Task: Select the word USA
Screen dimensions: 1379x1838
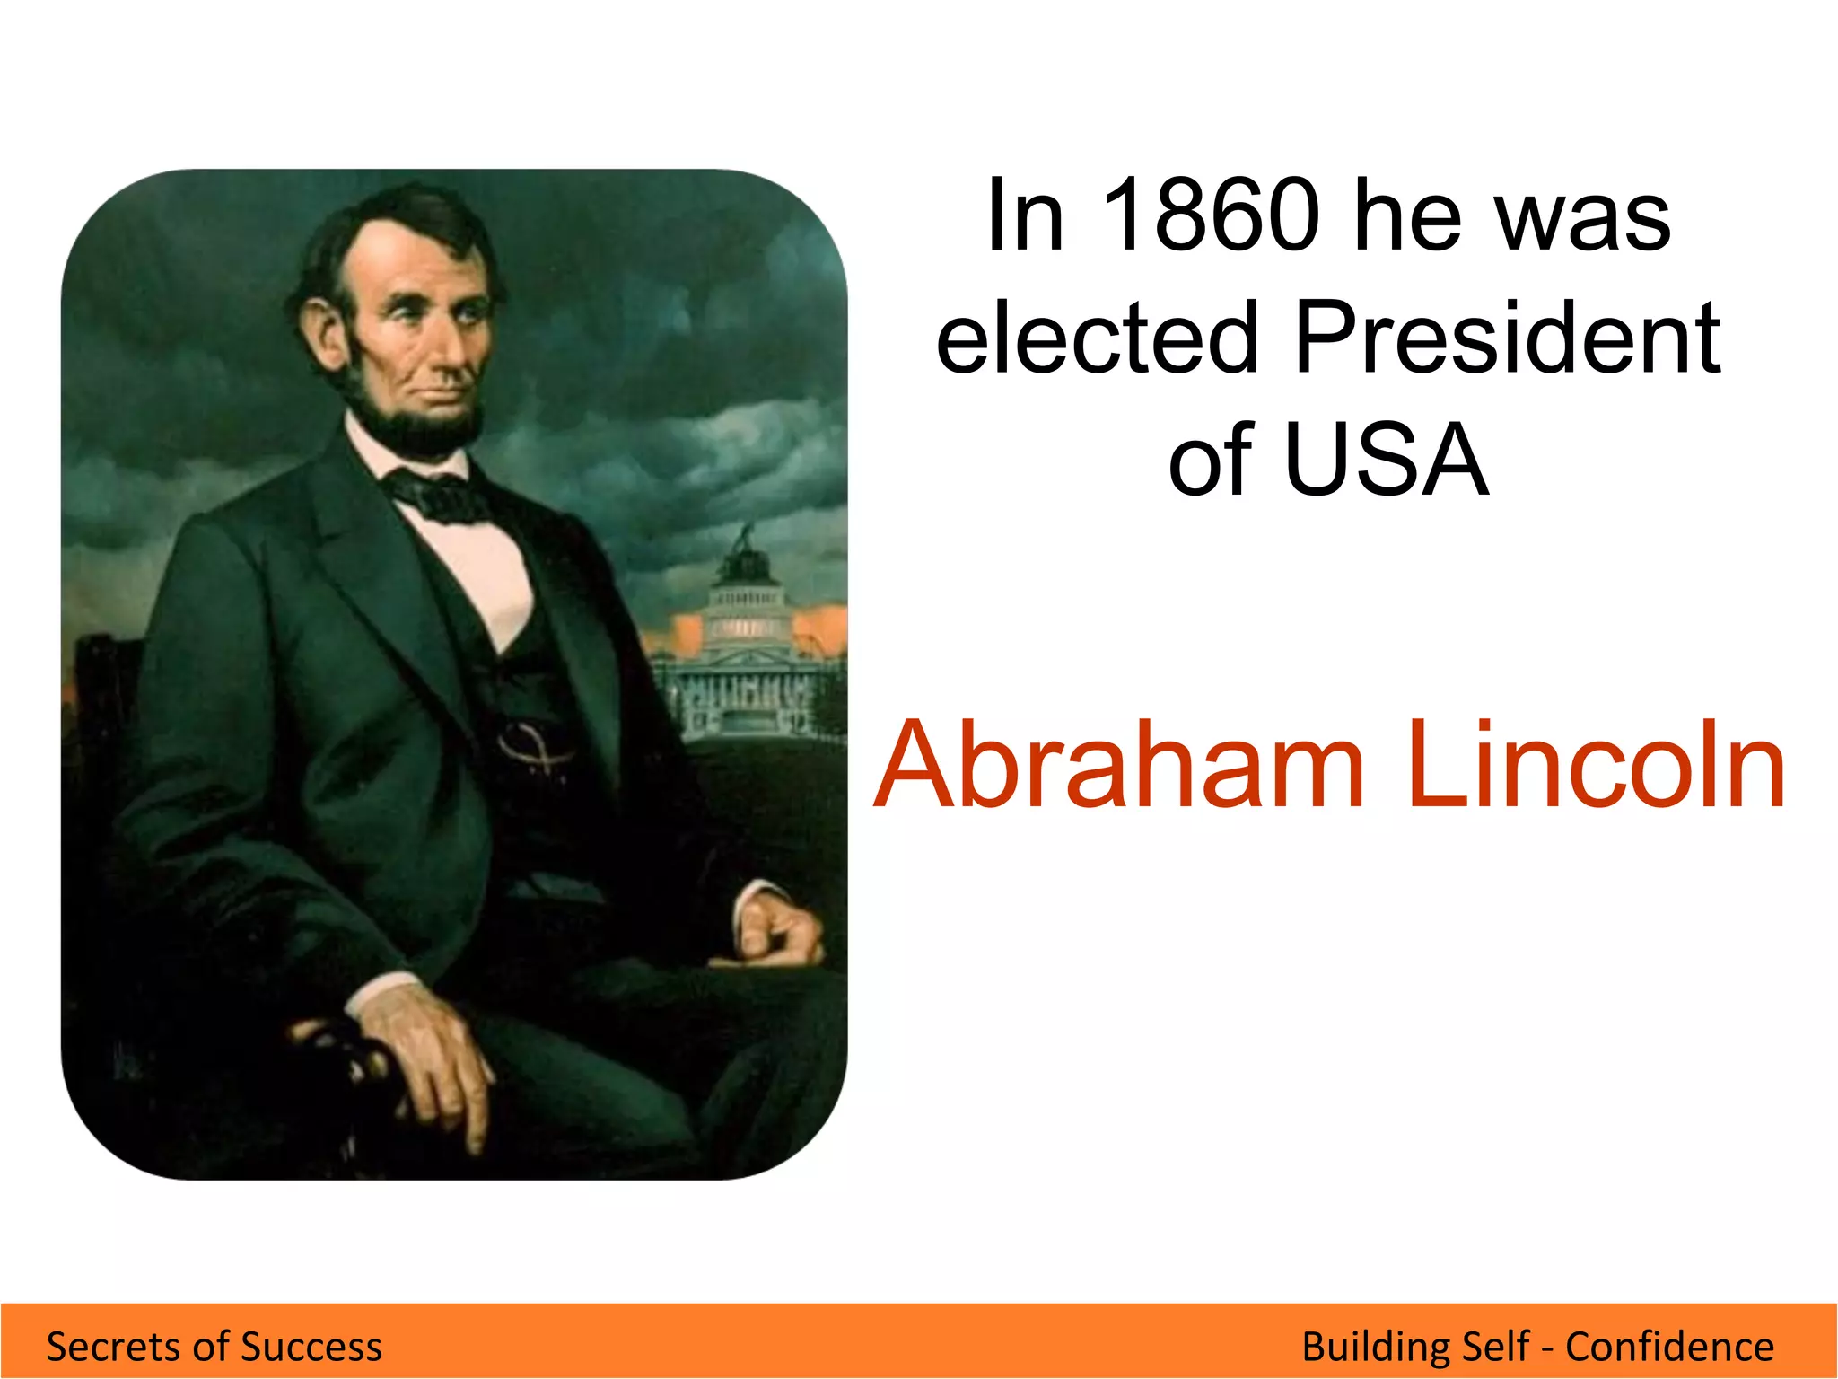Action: (x=1387, y=460)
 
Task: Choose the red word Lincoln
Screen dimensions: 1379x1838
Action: (x=1595, y=765)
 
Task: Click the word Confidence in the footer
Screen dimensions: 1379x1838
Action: (x=1669, y=1347)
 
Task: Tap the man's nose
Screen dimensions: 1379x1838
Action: (x=453, y=346)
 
